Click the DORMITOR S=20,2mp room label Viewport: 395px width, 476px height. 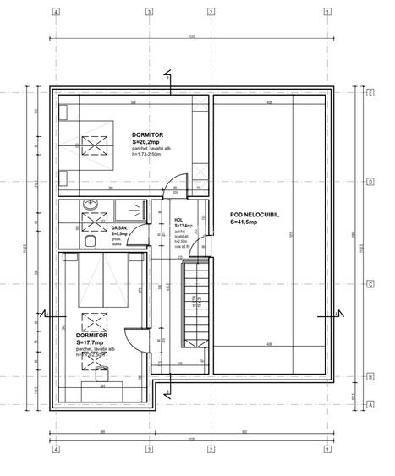(x=147, y=139)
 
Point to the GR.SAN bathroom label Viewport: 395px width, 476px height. (x=119, y=231)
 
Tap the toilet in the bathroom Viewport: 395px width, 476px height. (x=90, y=241)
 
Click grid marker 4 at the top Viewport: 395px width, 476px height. (x=55, y=13)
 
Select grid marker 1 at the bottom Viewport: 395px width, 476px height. (x=326, y=449)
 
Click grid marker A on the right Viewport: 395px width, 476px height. (x=370, y=405)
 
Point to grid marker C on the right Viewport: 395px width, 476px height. (x=370, y=284)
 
